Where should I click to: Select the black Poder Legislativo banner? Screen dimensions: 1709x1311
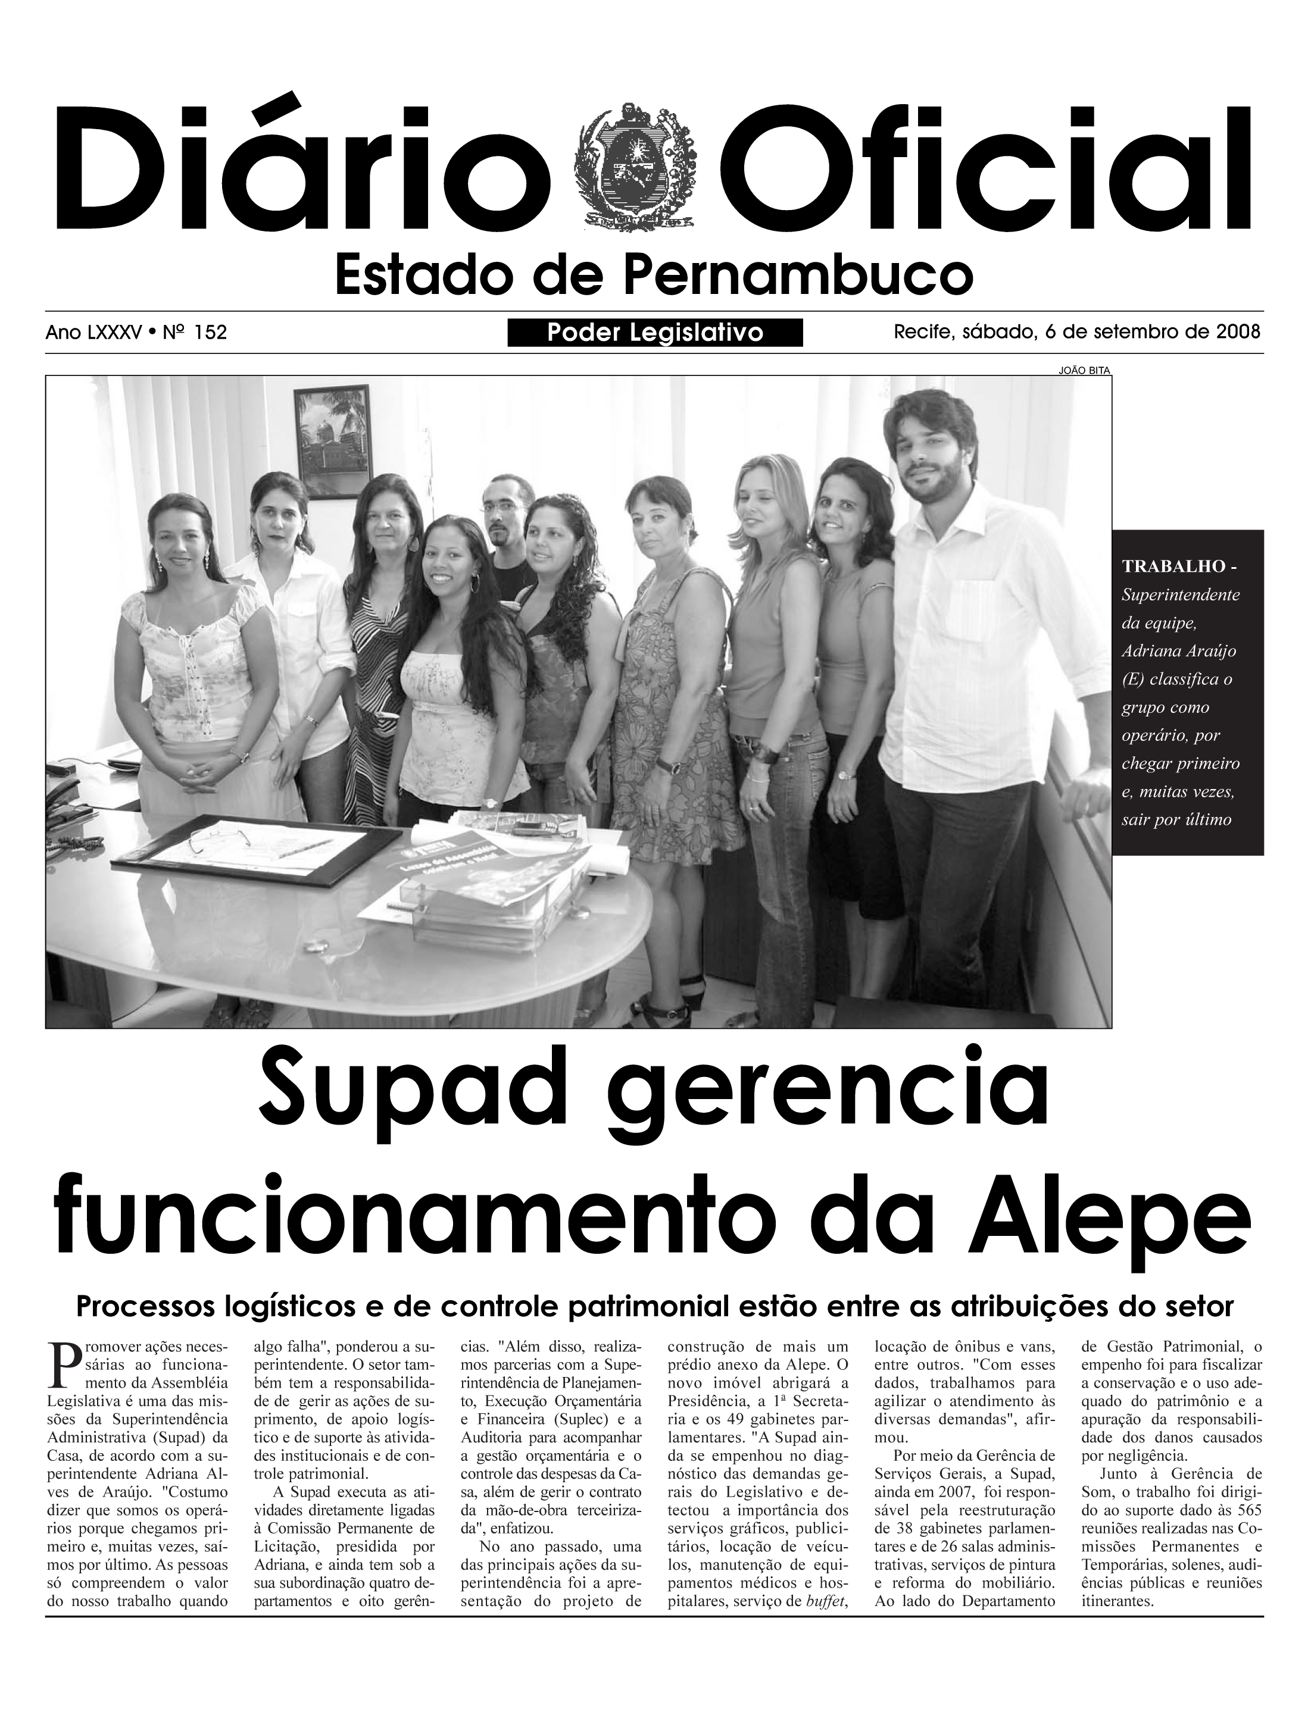click(655, 332)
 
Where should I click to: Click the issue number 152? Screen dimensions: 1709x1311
click(211, 332)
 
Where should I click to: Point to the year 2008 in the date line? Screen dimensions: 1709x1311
click(1238, 331)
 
